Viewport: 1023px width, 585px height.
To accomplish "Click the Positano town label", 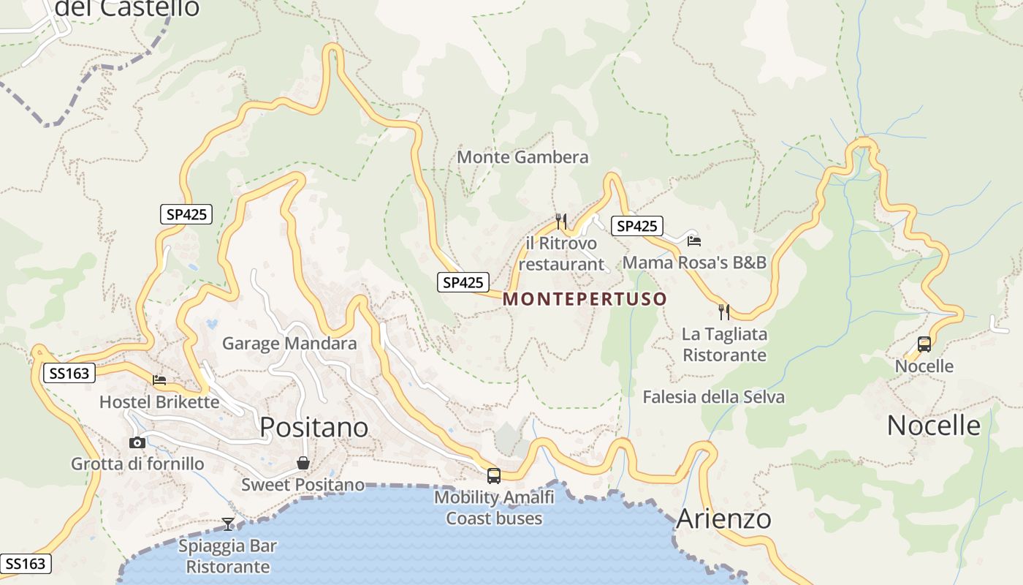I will click(x=314, y=427).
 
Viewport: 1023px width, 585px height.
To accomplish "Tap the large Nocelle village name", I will click(x=933, y=425).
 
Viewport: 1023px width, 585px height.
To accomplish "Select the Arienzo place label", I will click(x=723, y=518).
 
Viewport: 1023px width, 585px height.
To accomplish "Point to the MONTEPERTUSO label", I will click(x=585, y=299).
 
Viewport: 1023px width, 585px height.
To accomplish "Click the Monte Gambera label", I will click(x=522, y=157).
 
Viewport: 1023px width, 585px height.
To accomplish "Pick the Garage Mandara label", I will click(x=289, y=344).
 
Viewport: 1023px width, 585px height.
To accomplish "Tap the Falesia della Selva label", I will click(x=713, y=397).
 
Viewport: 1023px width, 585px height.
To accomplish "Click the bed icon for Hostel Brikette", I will click(x=159, y=380).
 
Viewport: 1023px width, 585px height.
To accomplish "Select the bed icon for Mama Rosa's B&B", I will click(x=693, y=241).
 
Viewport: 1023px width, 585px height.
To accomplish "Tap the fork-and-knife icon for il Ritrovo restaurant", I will click(x=561, y=221).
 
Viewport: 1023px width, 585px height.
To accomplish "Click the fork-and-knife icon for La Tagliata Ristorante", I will click(x=724, y=312).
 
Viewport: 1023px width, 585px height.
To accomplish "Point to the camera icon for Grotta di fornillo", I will click(x=137, y=442).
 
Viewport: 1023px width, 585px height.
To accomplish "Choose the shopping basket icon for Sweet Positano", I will click(x=303, y=463).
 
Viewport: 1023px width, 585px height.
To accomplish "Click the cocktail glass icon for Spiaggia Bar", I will click(x=228, y=524).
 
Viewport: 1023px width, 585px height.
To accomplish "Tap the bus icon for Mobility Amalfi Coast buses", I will click(x=494, y=476).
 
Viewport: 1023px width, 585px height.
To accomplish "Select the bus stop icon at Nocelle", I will click(x=924, y=344).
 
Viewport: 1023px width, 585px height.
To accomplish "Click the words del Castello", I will click(x=127, y=8).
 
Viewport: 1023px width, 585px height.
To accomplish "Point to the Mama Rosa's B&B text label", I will click(x=694, y=263).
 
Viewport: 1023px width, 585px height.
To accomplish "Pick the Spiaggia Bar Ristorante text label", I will click(x=228, y=556).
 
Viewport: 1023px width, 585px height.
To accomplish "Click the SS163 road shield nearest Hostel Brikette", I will click(x=69, y=374).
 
